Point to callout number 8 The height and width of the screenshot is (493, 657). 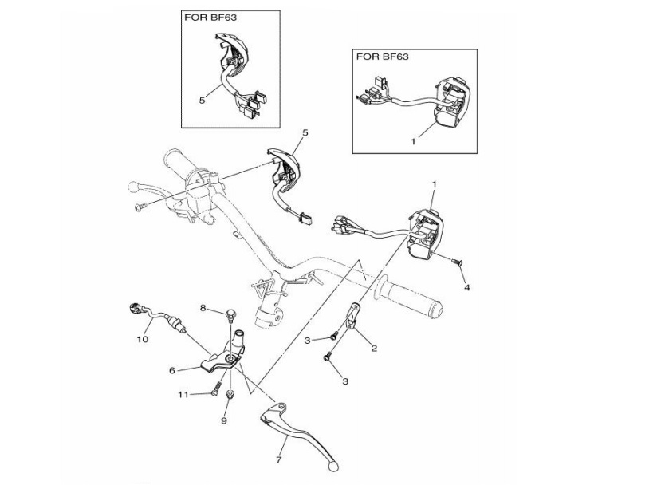click(203, 308)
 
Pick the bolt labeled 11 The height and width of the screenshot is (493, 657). click(215, 391)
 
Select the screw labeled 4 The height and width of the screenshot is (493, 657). click(459, 262)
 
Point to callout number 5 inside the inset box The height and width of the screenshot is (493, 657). click(203, 101)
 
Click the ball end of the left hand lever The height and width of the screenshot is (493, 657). click(133, 189)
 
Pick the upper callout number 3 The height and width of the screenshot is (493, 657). click(307, 341)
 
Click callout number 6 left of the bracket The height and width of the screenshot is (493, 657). click(171, 371)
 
